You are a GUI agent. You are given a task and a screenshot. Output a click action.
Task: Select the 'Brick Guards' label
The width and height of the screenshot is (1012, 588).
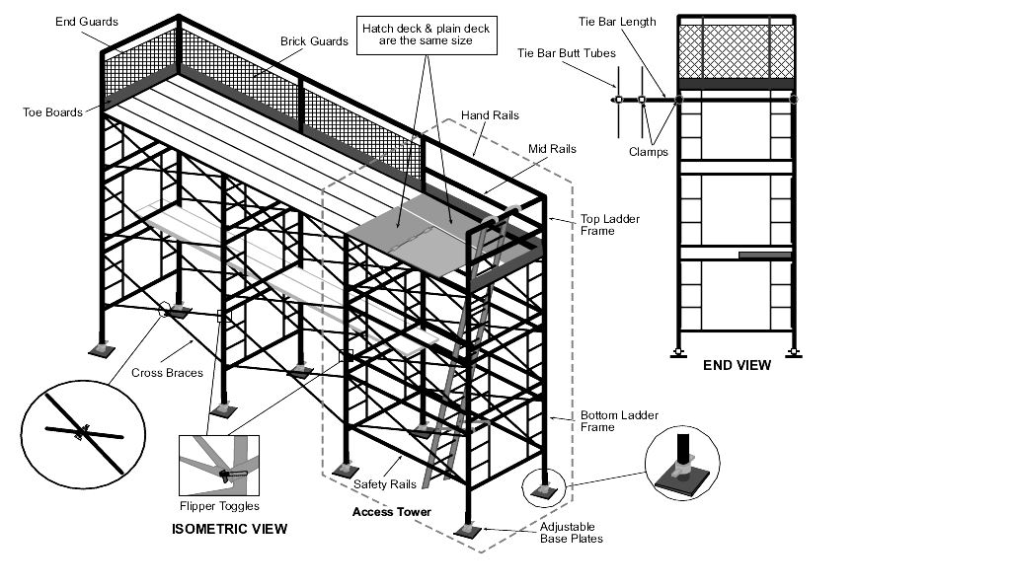click(314, 41)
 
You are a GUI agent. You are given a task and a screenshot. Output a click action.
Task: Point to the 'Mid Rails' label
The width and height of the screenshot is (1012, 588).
click(552, 149)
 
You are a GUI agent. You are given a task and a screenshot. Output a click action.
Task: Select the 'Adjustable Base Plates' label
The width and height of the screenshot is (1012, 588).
click(571, 533)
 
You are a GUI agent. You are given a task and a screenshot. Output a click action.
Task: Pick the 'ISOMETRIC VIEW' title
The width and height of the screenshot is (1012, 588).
click(229, 529)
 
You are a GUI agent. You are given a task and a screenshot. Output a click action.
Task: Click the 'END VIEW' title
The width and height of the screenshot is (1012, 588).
click(737, 365)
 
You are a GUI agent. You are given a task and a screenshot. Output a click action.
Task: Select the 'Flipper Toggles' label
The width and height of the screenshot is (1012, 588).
click(219, 506)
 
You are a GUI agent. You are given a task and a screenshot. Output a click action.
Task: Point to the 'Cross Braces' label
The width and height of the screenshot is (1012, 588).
click(167, 373)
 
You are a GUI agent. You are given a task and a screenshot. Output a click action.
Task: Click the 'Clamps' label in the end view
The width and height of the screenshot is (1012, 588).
click(648, 152)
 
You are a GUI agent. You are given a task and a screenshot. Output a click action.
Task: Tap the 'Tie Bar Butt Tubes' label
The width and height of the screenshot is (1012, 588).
click(567, 53)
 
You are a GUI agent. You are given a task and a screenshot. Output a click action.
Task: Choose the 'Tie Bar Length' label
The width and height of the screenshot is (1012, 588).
click(617, 22)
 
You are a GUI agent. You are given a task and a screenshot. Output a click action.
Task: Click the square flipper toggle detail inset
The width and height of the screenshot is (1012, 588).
click(219, 465)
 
